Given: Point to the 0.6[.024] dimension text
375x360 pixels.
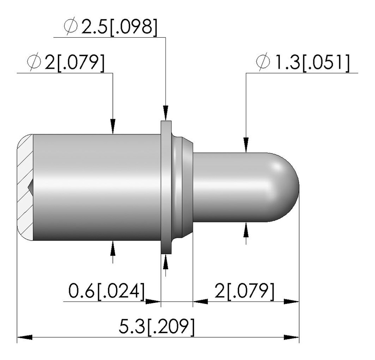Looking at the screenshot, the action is (x=107, y=291).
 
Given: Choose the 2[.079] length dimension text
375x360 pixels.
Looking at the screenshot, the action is (x=244, y=291).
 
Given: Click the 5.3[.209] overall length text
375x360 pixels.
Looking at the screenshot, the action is (x=157, y=327).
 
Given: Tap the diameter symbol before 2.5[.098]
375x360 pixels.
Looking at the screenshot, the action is (x=71, y=26).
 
